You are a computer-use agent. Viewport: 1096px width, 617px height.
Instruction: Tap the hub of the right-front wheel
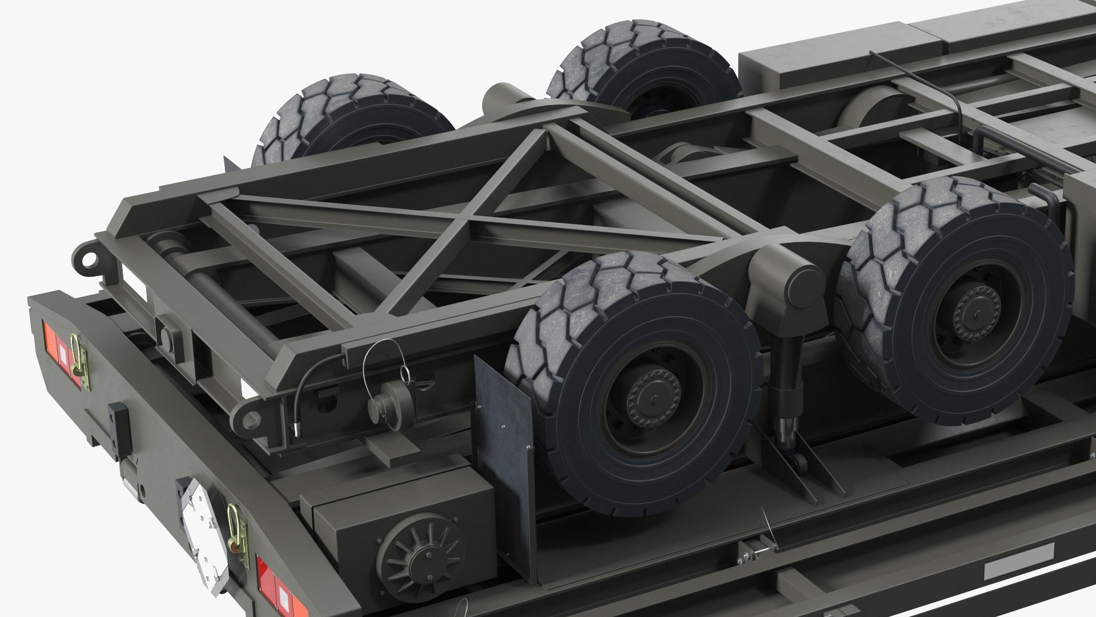977,314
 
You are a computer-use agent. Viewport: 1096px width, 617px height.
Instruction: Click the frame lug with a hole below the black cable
249,419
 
